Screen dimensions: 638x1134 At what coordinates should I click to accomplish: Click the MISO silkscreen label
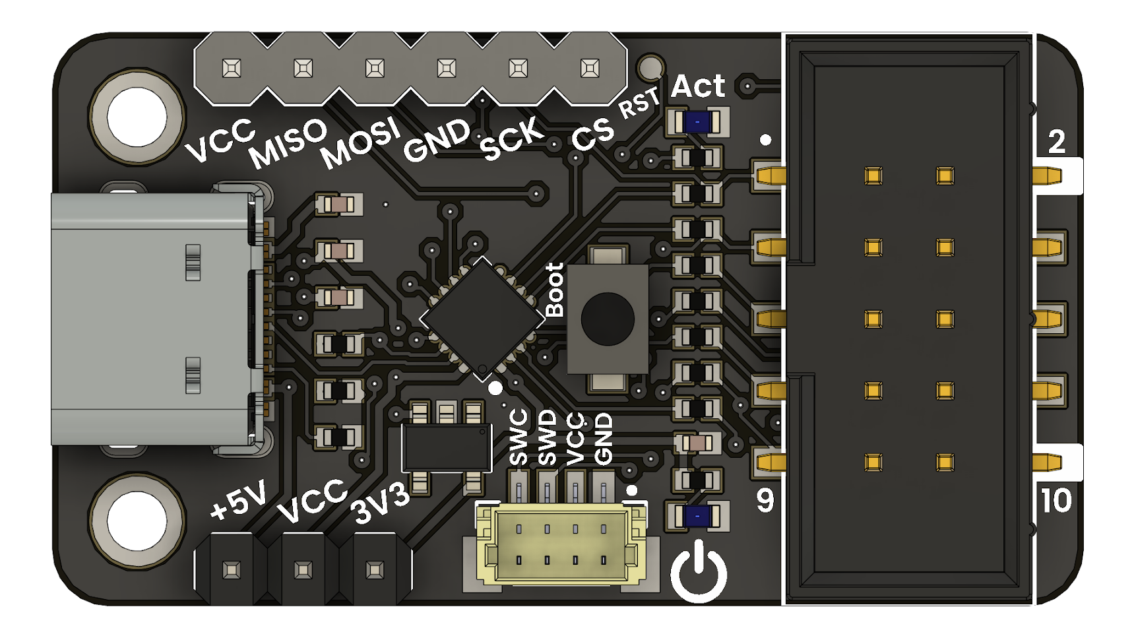(288, 144)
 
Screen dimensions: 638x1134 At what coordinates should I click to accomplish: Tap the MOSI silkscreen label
(360, 143)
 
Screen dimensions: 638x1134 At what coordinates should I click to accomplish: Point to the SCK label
(512, 139)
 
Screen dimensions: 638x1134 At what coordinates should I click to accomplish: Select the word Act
(698, 86)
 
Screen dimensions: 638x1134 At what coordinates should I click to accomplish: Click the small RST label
(639, 104)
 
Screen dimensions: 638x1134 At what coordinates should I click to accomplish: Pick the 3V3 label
(381, 505)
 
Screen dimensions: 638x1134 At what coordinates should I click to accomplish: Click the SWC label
(519, 437)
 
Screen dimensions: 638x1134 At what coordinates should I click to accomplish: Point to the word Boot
(555, 290)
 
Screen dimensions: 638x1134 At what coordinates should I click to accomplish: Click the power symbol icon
(699, 571)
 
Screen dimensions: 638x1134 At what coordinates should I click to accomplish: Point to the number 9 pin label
(765, 501)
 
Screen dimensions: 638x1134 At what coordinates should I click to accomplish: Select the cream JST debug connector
(559, 545)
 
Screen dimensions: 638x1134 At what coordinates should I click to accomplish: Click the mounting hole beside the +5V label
(137, 519)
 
